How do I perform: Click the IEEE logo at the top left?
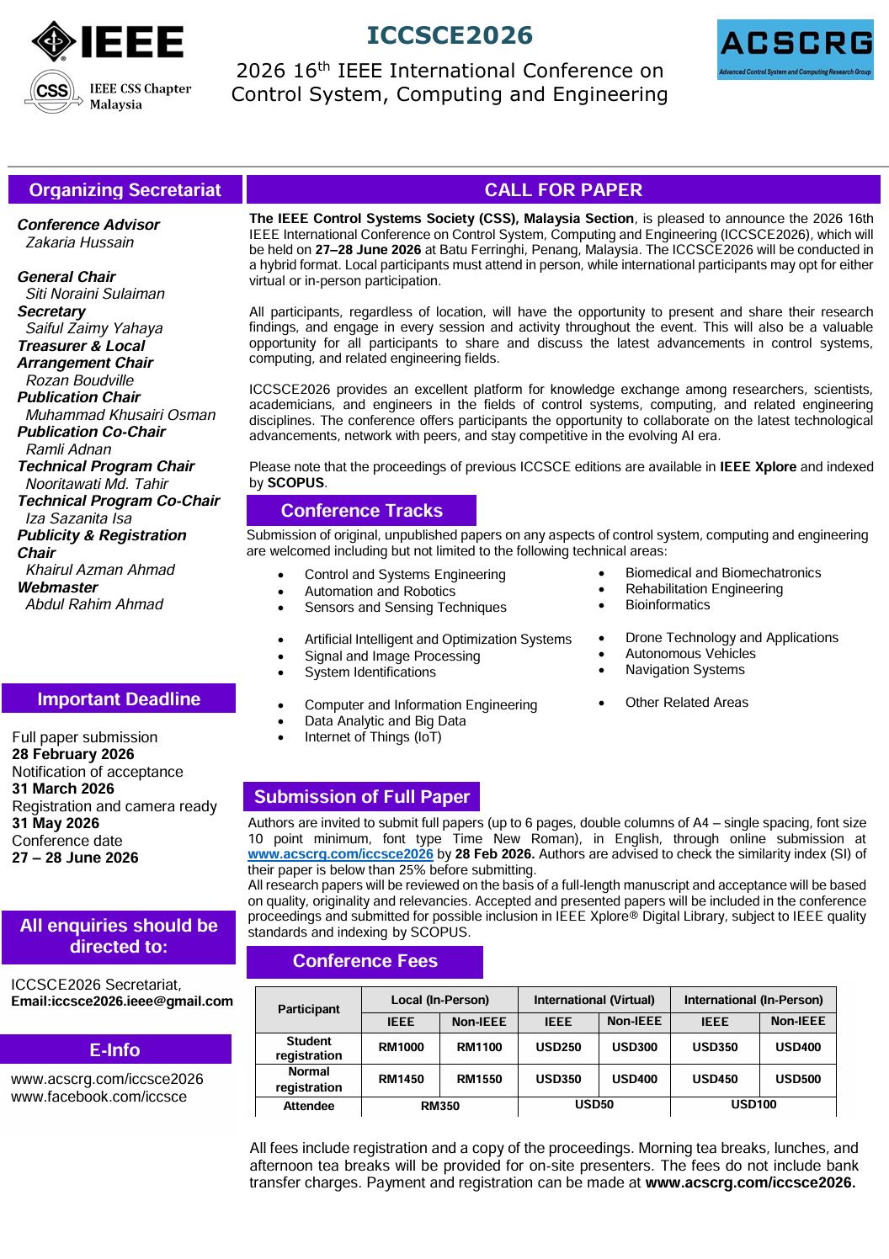pyautogui.click(x=108, y=41)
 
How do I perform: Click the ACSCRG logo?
pyautogui.click(x=796, y=50)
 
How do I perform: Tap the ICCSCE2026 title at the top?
pyautogui.click(x=450, y=35)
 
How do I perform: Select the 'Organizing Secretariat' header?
pyautogui.click(x=125, y=190)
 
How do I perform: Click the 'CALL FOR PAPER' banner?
pyautogui.click(x=563, y=190)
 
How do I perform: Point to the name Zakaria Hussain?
pyautogui.click(x=80, y=242)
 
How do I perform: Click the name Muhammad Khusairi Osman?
pyautogui.click(x=120, y=415)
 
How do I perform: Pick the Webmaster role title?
pyautogui.click(x=58, y=587)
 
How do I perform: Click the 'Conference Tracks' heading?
pyautogui.click(x=361, y=511)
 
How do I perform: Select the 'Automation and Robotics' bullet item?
pyautogui.click(x=380, y=591)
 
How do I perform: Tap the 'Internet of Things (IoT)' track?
pyautogui.click(x=373, y=737)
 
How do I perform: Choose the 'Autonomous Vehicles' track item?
pyautogui.click(x=690, y=654)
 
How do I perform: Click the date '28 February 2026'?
pyautogui.click(x=73, y=754)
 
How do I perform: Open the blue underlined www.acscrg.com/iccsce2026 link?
pyautogui.click(x=340, y=854)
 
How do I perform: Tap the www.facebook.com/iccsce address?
pyautogui.click(x=98, y=1097)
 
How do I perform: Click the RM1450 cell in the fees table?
pyautogui.click(x=401, y=1079)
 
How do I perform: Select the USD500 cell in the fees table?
pyautogui.click(x=797, y=1079)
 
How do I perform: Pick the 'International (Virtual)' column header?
pyautogui.click(x=594, y=1000)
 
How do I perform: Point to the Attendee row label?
pyautogui.click(x=308, y=1106)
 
